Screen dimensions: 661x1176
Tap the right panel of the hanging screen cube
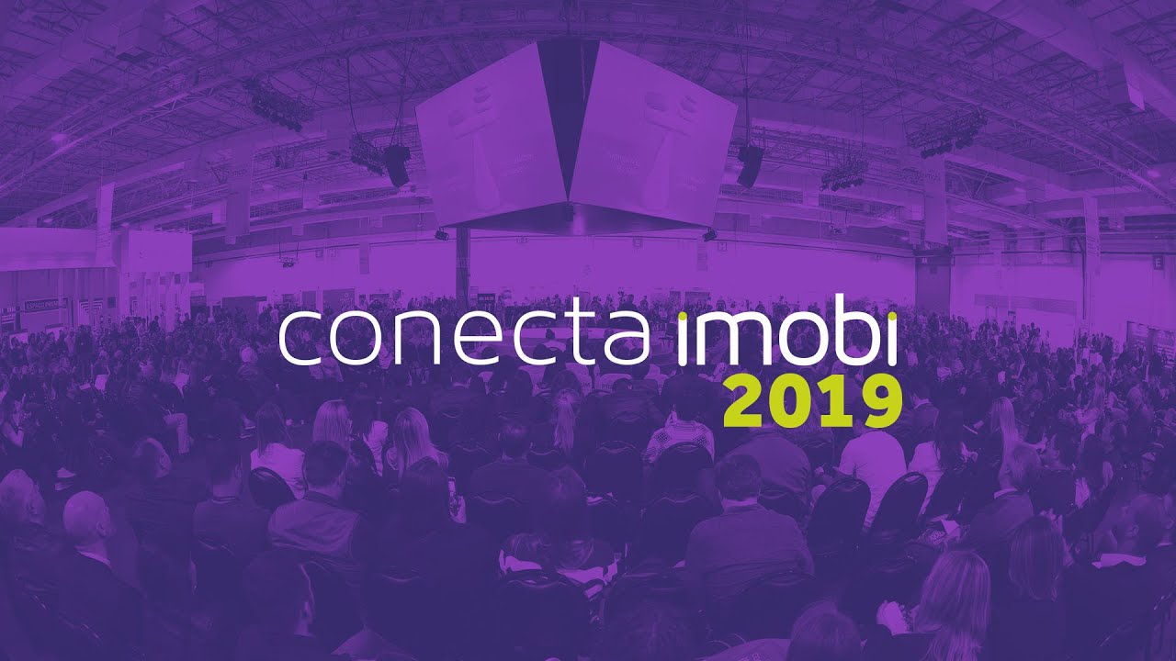655,138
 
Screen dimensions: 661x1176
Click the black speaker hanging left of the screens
397,165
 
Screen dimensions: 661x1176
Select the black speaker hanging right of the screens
750,165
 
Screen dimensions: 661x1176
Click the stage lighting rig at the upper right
946,133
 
